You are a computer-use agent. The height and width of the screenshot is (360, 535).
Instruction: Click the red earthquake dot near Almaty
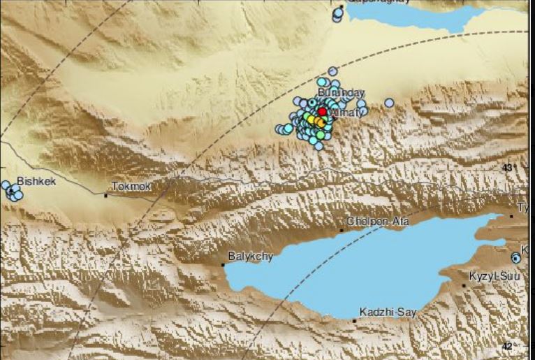[322, 111]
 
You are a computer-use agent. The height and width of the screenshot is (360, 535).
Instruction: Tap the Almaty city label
[343, 112]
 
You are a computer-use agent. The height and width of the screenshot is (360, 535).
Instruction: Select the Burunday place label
[341, 92]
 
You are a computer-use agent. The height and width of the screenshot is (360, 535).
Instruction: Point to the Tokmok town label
[131, 187]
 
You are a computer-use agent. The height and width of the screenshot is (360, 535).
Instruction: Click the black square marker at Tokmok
[106, 195]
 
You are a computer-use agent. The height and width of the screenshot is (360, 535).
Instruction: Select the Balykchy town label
[251, 257]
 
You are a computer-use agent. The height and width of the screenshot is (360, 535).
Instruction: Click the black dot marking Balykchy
[223, 265]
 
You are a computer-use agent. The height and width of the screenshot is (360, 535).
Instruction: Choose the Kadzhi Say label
[387, 312]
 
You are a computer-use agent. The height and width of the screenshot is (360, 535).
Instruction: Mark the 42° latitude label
[508, 346]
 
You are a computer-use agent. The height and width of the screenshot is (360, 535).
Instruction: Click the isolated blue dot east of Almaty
[389, 103]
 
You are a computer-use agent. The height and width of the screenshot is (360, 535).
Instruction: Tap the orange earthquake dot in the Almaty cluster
[319, 122]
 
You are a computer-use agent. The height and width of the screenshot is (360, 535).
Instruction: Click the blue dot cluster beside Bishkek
[13, 192]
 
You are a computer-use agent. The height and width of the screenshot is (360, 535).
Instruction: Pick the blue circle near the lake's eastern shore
[516, 258]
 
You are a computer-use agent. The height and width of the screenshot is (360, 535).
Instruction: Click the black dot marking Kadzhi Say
[355, 321]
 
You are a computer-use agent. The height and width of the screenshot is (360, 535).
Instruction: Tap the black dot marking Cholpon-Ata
[342, 229]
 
